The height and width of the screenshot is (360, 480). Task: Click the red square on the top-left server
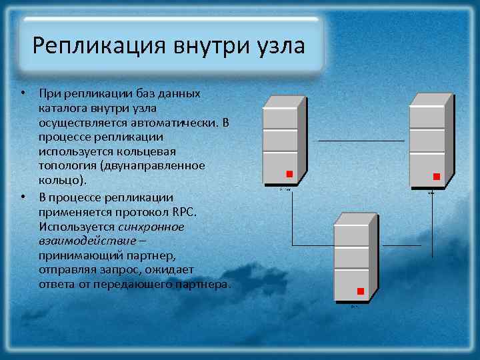coord(289,175)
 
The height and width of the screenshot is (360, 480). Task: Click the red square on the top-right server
coord(437,177)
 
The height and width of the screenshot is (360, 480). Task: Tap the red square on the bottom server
coord(361,291)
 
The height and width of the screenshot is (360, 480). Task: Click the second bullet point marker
coord(22,197)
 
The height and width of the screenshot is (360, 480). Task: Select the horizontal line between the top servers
coord(360,141)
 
